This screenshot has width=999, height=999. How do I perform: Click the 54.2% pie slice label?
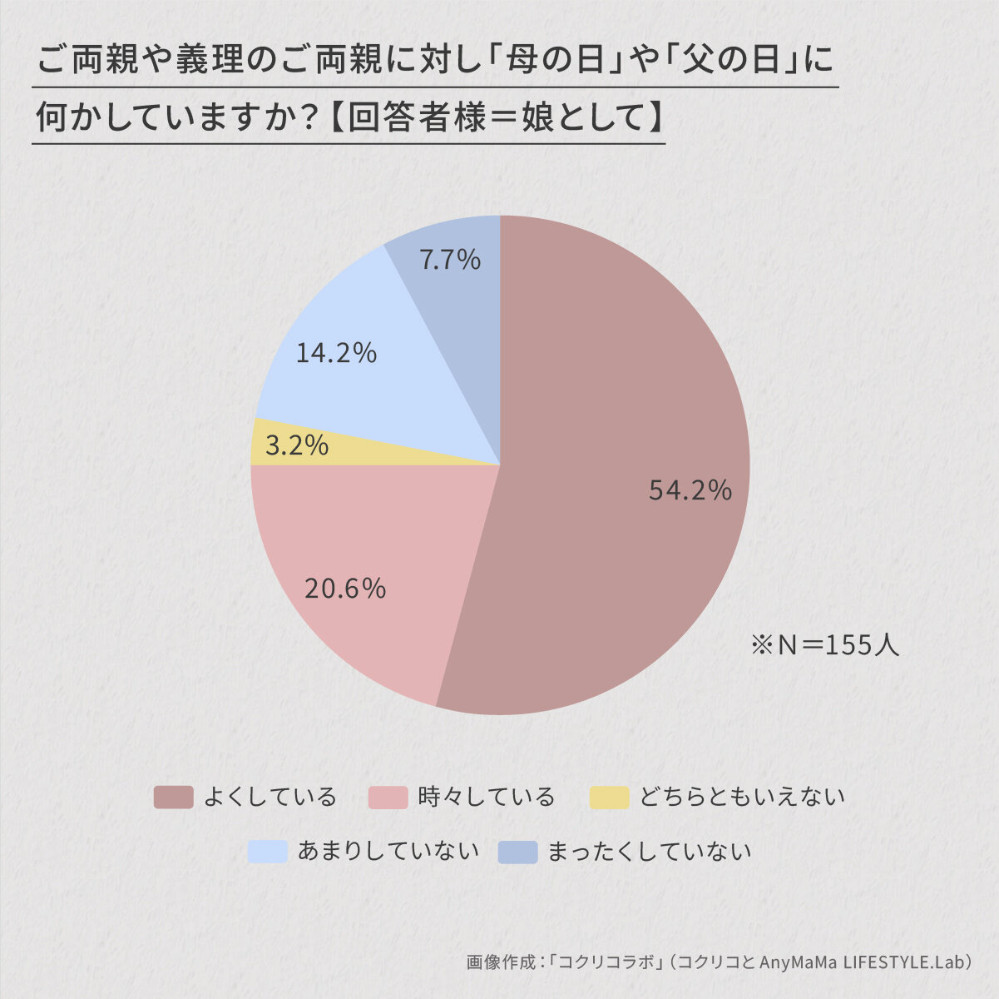690,490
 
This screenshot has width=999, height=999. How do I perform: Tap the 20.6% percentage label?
345,589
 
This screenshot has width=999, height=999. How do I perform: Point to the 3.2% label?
297,446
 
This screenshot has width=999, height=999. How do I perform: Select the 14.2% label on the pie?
336,353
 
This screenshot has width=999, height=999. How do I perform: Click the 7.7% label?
450,260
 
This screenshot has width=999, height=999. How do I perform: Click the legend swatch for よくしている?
173,798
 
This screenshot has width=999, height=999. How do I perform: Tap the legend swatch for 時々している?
388,798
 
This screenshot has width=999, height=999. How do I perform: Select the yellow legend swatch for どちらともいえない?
609,798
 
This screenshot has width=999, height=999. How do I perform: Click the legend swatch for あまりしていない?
268,852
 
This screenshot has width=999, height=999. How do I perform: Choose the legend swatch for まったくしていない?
517,852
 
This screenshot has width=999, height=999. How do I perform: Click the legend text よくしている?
270,798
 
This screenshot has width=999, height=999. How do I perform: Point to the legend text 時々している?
487,798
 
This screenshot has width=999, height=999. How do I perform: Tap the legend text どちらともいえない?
742,798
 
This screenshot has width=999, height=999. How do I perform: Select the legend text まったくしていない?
649,852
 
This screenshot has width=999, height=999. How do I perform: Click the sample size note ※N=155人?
824,645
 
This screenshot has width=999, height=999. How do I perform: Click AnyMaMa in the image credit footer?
798,962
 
